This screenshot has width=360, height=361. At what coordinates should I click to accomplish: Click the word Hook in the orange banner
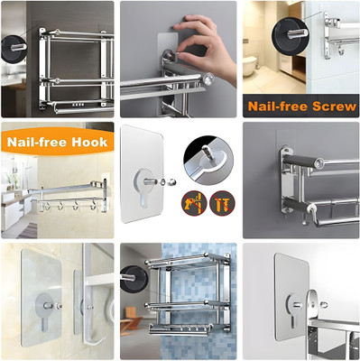point(91,142)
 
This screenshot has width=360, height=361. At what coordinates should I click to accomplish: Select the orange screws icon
point(218,201)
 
